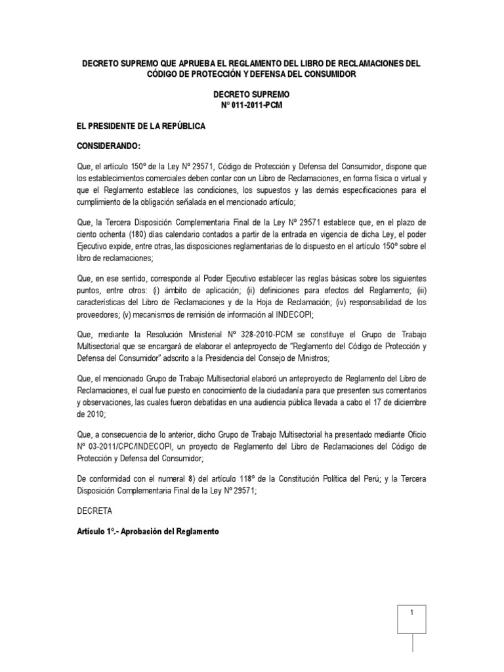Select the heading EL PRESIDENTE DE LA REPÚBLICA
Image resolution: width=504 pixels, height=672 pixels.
141,125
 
